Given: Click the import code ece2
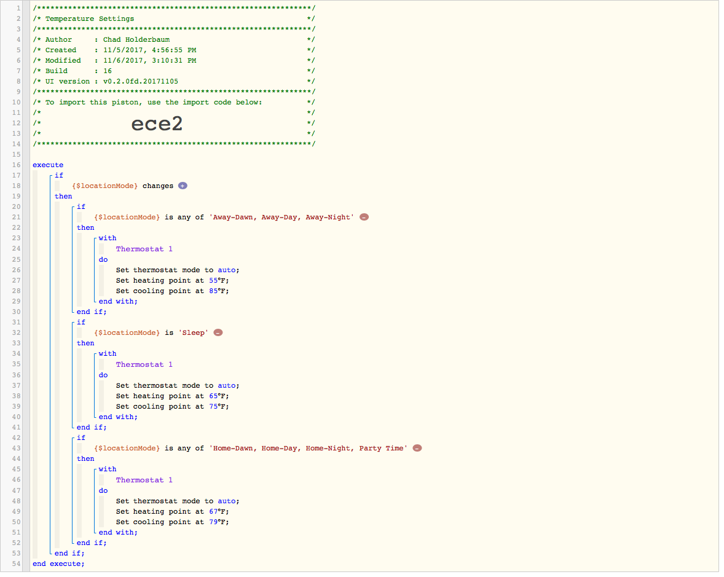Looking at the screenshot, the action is (x=157, y=124).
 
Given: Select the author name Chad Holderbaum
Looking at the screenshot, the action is (x=136, y=40).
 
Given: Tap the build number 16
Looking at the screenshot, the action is (x=108, y=71).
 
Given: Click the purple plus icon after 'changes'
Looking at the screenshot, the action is (x=183, y=186).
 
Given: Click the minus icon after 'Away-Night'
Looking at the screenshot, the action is (x=364, y=217).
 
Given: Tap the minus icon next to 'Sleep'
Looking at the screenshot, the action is (x=218, y=333).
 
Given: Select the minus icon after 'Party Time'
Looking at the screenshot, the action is (x=417, y=448).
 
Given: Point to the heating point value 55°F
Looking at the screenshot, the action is (x=218, y=281).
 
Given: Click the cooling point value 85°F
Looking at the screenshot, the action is (x=218, y=291).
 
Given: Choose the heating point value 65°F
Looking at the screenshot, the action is (x=218, y=396).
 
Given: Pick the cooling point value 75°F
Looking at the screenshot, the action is (x=218, y=407).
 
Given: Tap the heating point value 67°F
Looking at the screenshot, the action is (x=218, y=511).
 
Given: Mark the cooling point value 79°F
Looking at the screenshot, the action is (x=218, y=522).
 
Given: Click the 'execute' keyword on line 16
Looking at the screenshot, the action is (x=48, y=165).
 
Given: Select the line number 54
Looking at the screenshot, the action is (x=16, y=564).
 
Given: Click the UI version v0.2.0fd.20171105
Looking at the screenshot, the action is (x=140, y=82).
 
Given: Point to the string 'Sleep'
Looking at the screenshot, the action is (x=194, y=333).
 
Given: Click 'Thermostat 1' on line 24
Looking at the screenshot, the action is (x=144, y=249).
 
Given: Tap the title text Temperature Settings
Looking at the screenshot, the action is (x=90, y=19).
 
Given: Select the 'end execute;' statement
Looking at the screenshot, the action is (x=58, y=564).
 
